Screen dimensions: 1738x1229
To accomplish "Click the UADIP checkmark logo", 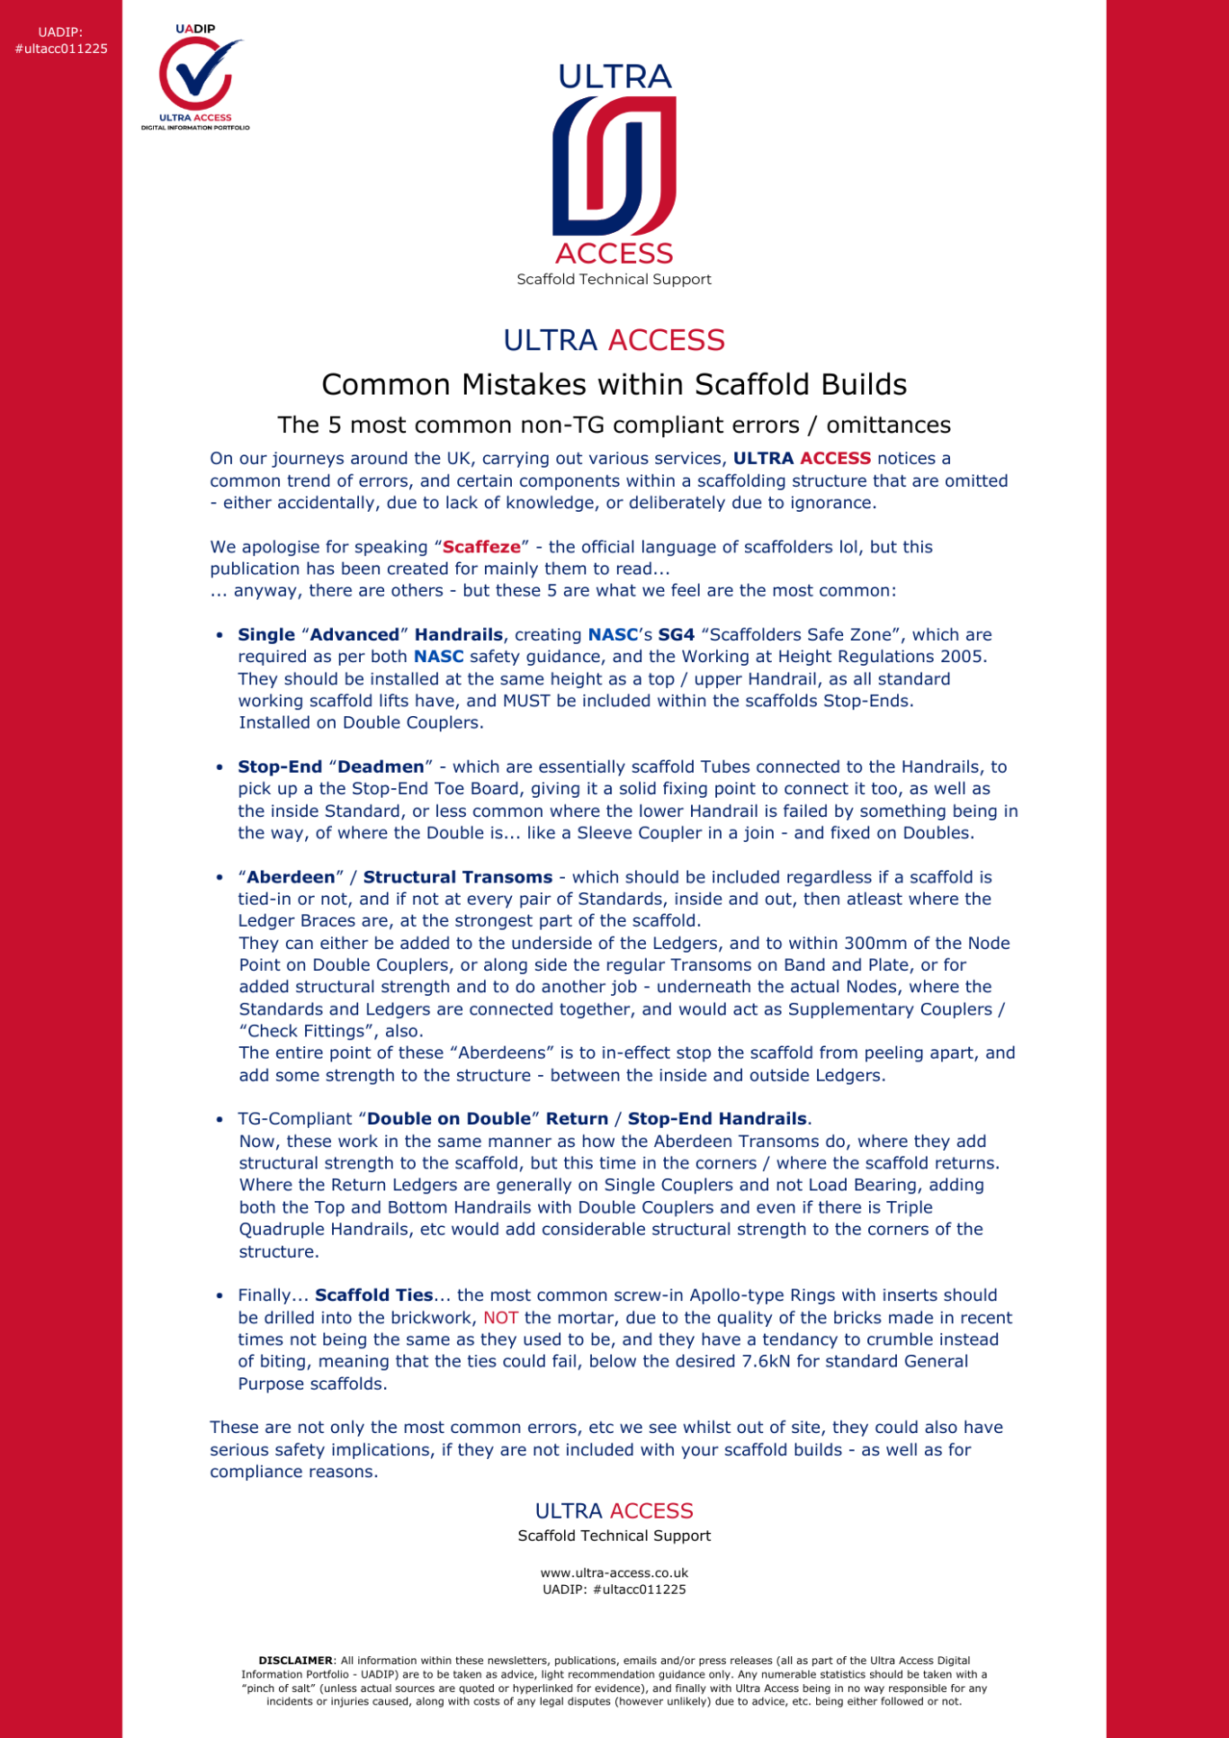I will (196, 76).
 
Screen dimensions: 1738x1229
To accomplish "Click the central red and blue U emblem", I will (614, 166).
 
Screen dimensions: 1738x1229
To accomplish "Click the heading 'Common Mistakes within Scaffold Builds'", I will (614, 385).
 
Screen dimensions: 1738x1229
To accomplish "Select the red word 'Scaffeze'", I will (481, 547).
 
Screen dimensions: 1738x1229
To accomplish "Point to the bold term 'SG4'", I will (676, 635).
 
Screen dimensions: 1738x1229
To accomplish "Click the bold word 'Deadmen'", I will (381, 767).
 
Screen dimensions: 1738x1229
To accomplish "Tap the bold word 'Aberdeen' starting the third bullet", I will (291, 877).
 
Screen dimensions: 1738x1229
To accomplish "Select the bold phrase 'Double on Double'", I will (449, 1119).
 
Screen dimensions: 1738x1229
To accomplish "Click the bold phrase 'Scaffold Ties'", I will (374, 1295).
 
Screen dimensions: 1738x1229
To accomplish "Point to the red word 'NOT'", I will (500, 1318).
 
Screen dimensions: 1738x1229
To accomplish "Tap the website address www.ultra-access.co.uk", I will (614, 1573).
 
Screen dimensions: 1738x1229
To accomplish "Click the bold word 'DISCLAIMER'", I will (295, 1661).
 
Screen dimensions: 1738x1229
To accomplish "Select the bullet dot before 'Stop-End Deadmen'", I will (220, 768).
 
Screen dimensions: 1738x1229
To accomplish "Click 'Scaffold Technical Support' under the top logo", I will (614, 280).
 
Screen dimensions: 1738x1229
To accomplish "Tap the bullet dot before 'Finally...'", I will (220, 1296).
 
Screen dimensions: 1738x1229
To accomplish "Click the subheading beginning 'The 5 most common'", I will (614, 426).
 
